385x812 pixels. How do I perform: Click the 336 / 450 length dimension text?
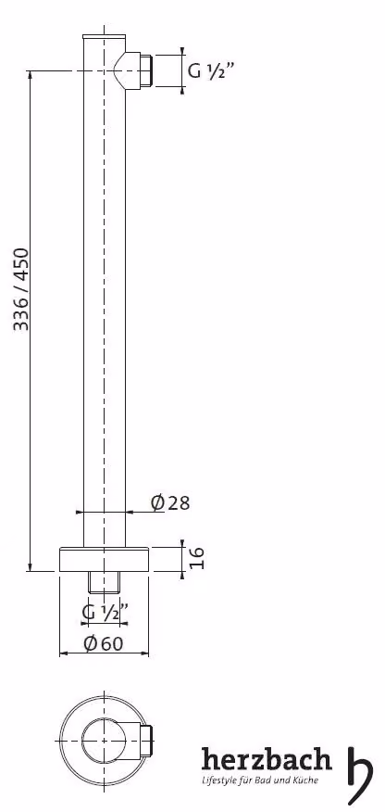point(21,289)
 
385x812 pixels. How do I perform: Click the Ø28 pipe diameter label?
point(170,501)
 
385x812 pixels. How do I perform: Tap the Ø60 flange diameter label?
point(104,643)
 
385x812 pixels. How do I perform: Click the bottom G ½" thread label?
point(105,612)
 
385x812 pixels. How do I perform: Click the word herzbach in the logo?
point(267,761)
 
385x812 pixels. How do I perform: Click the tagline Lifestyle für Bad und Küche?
point(260,780)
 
